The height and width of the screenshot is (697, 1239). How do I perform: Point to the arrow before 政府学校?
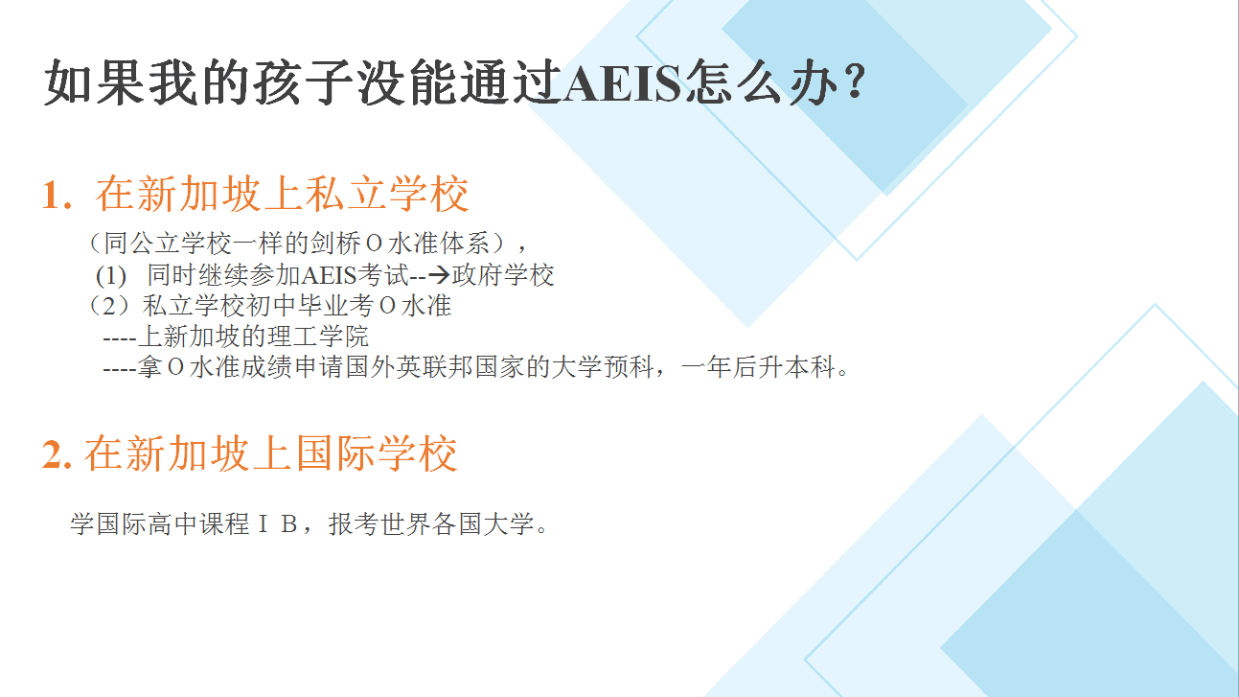(439, 275)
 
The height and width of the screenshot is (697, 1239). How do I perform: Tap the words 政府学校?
(503, 275)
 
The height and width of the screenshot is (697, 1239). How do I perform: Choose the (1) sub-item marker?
(110, 276)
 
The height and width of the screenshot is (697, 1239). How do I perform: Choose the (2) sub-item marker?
(109, 306)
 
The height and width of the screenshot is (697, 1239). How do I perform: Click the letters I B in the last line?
(278, 523)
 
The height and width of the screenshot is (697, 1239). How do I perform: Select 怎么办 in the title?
(762, 83)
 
